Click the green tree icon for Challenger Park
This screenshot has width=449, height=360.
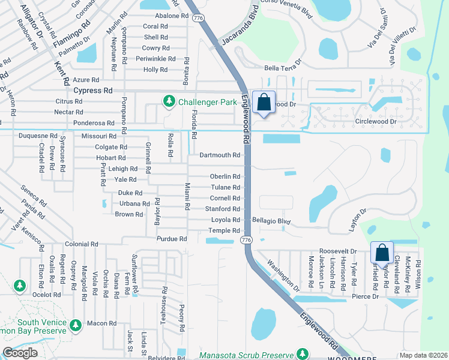click(170, 102)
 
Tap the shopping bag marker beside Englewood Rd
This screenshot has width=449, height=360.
click(264, 103)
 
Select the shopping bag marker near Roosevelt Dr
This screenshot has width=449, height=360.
click(382, 253)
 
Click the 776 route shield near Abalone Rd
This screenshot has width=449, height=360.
click(198, 18)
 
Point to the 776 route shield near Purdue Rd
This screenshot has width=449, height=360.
click(245, 239)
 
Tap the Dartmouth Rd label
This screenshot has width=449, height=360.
click(220, 155)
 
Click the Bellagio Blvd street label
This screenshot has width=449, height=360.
click(271, 221)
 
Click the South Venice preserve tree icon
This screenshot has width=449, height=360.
click(75, 325)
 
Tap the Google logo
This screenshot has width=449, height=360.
click(20, 353)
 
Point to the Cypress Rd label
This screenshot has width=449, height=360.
click(93, 91)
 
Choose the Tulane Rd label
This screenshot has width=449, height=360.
click(225, 187)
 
